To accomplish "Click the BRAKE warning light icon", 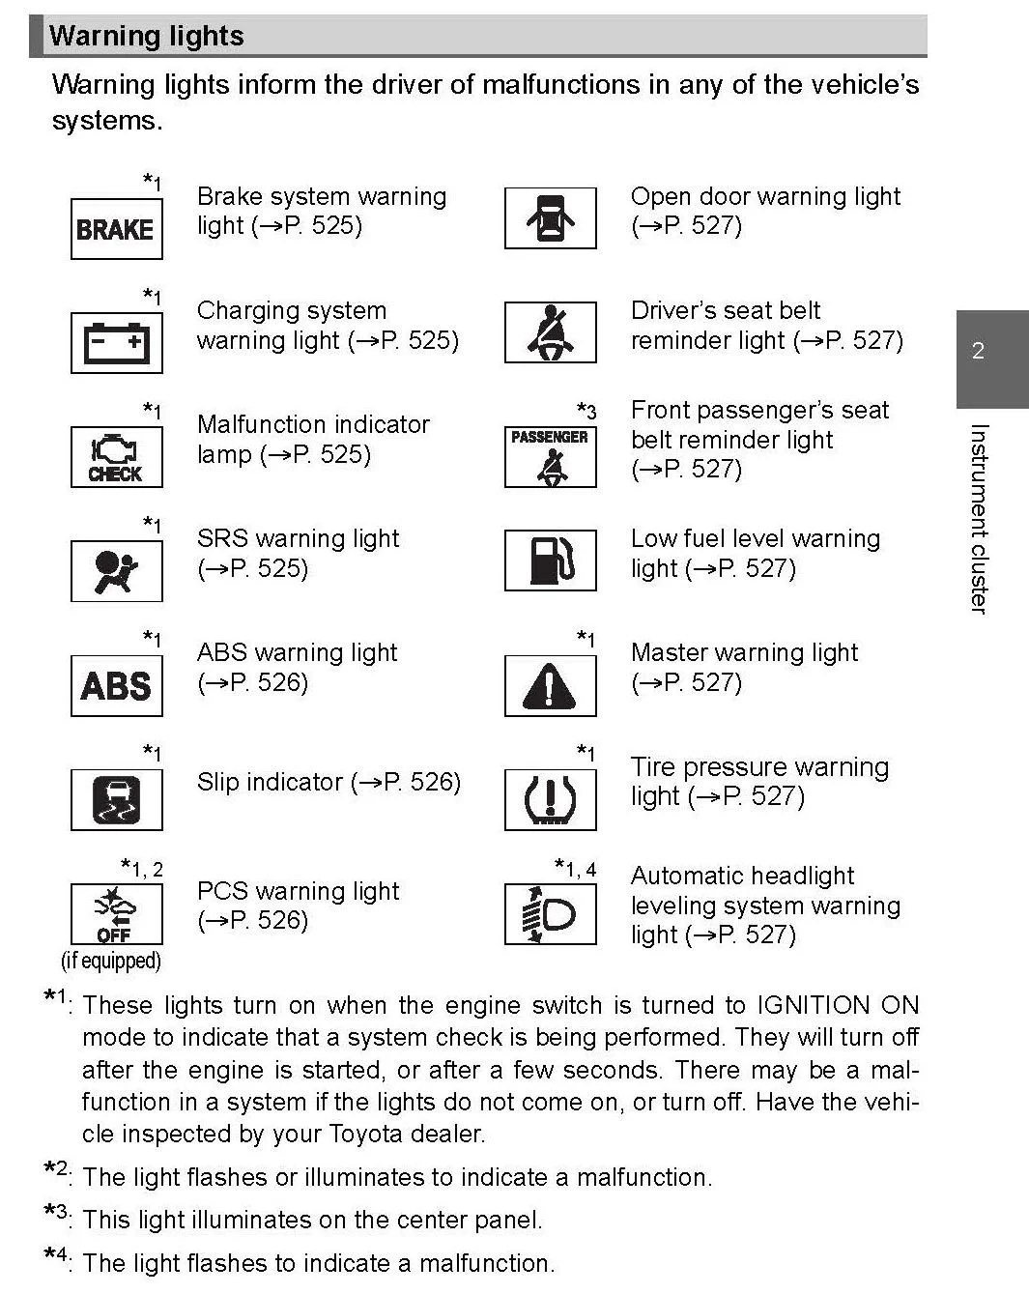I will pos(116,228).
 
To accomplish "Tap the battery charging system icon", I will pos(116,342).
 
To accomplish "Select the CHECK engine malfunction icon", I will pos(116,456).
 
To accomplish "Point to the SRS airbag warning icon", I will pos(116,570).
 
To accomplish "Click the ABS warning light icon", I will pos(116,685).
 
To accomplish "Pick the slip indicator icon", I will pos(116,799).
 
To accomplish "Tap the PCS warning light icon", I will pos(116,913).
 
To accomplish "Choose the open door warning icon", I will pos(550,217).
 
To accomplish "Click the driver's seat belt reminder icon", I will pos(550,331).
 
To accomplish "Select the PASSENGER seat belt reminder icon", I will pos(550,456).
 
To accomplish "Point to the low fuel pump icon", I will pos(550,560).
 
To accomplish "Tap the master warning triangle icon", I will pos(550,685).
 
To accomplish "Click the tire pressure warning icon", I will pos(550,799).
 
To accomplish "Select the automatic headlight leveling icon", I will pos(550,913).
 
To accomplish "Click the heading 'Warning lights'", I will pos(146,37).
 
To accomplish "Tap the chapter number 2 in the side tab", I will pos(978,351).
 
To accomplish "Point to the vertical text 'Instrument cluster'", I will pos(978,518).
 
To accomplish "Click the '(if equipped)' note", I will pos(111,961).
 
